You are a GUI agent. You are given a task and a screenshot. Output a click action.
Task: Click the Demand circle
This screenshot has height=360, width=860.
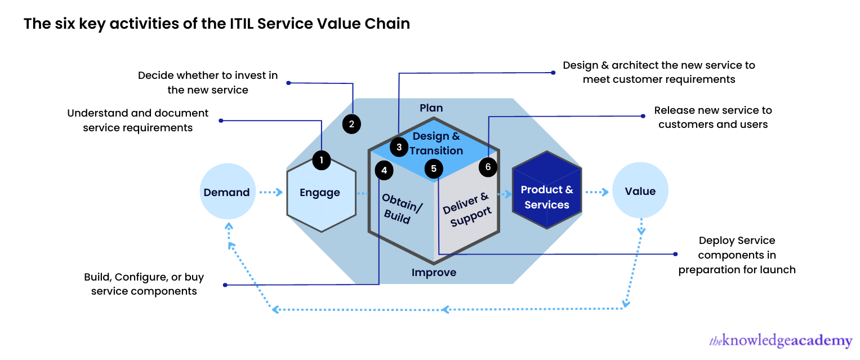click(x=227, y=192)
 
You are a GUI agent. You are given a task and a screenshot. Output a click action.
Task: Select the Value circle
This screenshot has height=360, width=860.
click(x=640, y=192)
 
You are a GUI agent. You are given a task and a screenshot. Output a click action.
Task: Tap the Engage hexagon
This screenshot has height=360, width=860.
click(x=321, y=192)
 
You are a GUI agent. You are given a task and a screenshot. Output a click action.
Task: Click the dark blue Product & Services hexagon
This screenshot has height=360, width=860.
click(x=547, y=190)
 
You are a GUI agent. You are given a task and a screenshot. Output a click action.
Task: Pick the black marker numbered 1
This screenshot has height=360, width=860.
click(x=322, y=160)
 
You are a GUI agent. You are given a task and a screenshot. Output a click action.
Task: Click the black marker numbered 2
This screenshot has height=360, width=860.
click(x=351, y=125)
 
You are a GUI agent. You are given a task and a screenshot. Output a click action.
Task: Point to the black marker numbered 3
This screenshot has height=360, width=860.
click(x=399, y=148)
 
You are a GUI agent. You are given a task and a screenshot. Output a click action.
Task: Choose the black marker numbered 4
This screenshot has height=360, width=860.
click(x=384, y=170)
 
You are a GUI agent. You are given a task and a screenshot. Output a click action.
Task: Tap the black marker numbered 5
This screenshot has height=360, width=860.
click(x=434, y=168)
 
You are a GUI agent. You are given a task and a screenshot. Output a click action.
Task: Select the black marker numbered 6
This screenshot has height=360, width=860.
click(x=488, y=167)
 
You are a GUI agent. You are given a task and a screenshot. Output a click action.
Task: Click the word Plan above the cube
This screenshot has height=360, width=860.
click(x=431, y=108)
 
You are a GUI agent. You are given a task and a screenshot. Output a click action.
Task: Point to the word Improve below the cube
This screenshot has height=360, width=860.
click(x=434, y=273)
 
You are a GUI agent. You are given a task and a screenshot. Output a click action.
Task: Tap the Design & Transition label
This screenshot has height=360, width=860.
click(x=436, y=143)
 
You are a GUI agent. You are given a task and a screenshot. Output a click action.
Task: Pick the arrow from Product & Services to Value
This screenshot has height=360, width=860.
click(x=597, y=193)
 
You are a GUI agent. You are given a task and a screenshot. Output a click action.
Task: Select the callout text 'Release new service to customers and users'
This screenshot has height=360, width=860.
click(x=713, y=117)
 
